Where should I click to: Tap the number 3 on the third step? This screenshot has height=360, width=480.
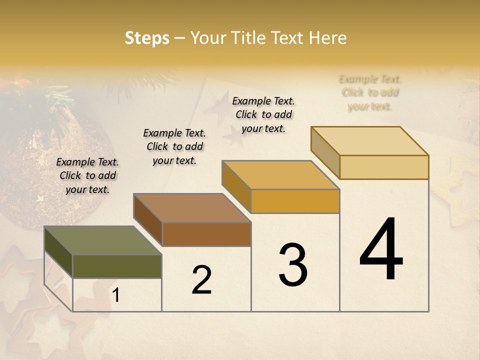pos(293,265)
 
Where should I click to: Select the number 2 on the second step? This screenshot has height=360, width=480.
pos(201,279)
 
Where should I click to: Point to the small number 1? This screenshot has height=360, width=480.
pos(116,295)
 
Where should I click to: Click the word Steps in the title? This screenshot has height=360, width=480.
pos(147,38)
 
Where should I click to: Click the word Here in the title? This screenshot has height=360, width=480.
pos(327,38)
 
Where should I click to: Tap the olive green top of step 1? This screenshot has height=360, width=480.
pos(102,240)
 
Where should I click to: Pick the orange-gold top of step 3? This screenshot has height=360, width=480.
pos(281,175)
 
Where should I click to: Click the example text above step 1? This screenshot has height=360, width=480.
pos(87,175)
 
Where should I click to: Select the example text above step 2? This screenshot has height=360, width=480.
pos(174,146)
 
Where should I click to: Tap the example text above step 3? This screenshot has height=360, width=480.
pos(263,114)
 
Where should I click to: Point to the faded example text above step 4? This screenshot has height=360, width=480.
pos(370,92)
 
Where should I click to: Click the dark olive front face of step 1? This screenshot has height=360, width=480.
pos(117,266)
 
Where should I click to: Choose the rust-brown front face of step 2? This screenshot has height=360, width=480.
pos(206,234)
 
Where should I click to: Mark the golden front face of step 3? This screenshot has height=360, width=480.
pos(295,201)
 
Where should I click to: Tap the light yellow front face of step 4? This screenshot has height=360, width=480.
pos(384,167)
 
